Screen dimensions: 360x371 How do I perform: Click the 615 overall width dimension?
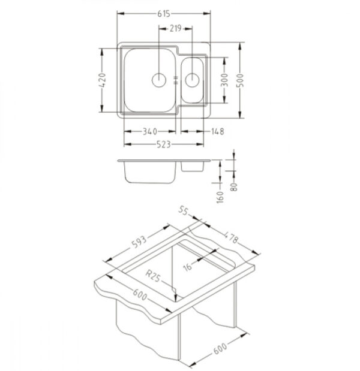[164, 14]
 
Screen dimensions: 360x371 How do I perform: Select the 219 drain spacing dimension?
[175, 28]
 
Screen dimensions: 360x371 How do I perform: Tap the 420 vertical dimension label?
[102, 80]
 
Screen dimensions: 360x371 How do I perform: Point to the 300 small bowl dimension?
[225, 80]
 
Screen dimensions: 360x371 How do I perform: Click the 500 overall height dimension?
[240, 80]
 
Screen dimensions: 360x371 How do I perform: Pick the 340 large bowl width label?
[149, 131]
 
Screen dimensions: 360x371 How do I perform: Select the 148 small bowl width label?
[217, 131]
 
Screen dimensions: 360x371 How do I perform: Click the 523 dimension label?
[164, 144]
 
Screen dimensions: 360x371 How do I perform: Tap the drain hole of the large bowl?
[158, 80]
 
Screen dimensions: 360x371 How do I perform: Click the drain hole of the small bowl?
[192, 80]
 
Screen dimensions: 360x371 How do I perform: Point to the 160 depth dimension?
[220, 197]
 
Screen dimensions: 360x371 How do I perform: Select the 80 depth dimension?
[234, 187]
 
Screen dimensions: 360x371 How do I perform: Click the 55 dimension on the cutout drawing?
[183, 210]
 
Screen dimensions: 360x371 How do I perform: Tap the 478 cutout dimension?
[230, 237]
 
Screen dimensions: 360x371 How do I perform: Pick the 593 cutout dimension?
[139, 242]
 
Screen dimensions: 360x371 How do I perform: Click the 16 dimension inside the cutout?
[187, 267]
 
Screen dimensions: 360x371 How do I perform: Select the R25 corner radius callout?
[153, 276]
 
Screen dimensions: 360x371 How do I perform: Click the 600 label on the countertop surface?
[140, 295]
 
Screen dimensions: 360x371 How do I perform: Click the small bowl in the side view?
[193, 166]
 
